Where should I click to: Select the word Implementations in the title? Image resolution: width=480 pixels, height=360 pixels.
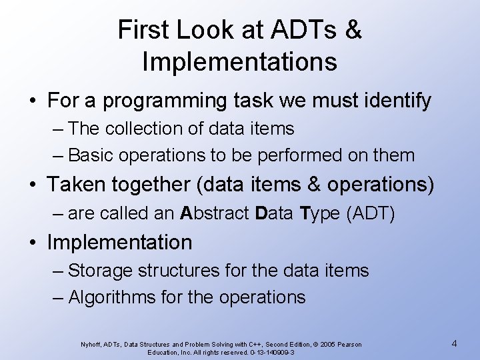click(x=239, y=62)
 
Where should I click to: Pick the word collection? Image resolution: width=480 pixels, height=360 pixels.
click(x=147, y=127)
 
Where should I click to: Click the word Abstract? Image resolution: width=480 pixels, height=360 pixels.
click(x=215, y=213)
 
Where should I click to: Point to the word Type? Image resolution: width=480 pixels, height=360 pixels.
click(x=321, y=213)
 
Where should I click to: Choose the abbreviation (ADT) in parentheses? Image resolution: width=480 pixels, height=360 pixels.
click(x=372, y=213)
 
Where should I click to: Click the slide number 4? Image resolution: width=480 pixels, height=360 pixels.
click(x=454, y=343)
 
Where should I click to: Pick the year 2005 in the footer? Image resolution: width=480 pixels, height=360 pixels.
click(x=329, y=344)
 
